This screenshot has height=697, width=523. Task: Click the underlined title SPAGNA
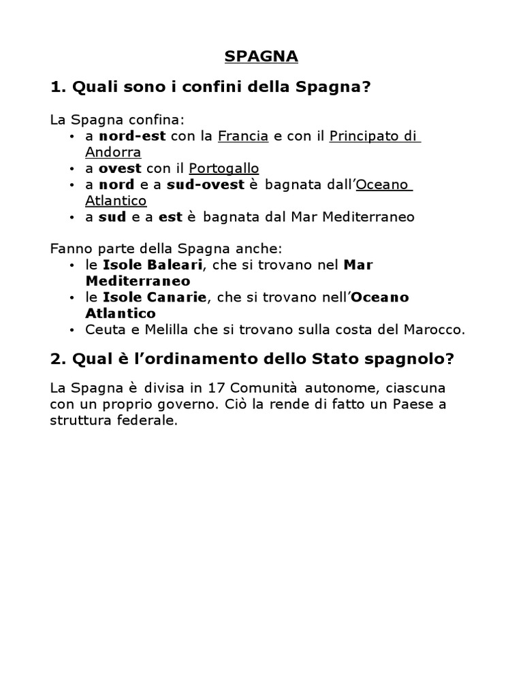point(261,57)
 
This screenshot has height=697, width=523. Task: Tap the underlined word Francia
point(242,136)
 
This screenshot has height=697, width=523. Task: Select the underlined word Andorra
point(112,152)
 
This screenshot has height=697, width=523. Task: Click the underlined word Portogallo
point(224,168)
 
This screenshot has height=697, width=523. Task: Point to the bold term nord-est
point(133,136)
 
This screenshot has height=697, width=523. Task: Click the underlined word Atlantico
point(116,201)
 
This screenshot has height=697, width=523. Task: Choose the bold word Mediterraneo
point(137,280)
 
